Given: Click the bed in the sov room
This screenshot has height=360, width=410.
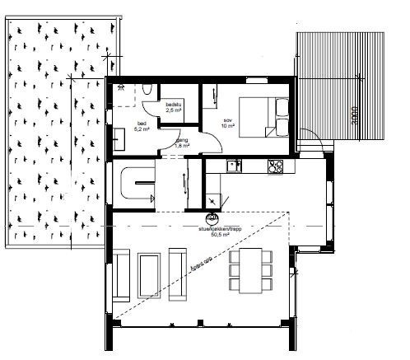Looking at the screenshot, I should click(262, 115).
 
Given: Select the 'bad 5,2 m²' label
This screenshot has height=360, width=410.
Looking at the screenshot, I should click(141, 127).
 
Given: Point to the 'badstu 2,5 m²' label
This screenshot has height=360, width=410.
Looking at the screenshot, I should click(173, 107).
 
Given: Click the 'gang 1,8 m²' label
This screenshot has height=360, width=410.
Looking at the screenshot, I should click(181, 143).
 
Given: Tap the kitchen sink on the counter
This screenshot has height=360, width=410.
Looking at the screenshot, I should click(234, 166).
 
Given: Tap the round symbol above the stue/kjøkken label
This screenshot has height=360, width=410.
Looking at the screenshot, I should click(212, 218).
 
